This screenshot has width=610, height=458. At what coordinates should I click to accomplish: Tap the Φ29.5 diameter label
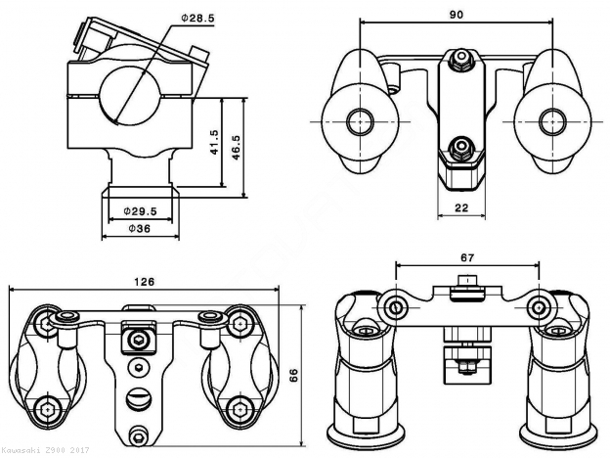click(x=142, y=209)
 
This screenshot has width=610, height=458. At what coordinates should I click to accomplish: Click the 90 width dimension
click(x=457, y=14)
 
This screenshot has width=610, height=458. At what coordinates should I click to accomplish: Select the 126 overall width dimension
click(x=144, y=282)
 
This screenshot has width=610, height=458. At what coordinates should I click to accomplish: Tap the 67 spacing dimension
click(x=466, y=257)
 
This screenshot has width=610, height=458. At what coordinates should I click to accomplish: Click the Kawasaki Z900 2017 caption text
click(x=44, y=451)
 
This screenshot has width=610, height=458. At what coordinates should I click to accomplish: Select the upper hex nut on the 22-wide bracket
click(x=457, y=62)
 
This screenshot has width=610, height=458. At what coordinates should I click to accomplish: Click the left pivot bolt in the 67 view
click(x=394, y=309)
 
